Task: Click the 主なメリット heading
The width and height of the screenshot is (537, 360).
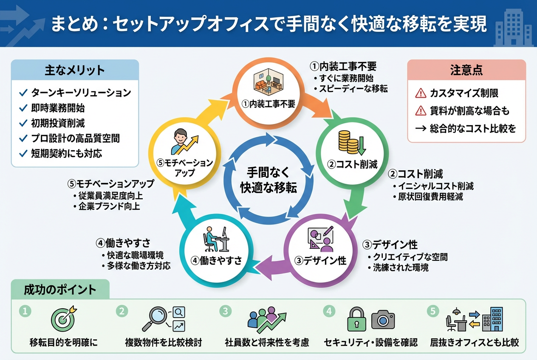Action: [x=74, y=70]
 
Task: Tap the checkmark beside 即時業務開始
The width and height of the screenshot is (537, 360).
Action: [x=24, y=108]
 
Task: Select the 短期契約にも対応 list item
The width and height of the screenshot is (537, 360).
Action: [x=67, y=153]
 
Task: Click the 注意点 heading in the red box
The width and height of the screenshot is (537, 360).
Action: [x=466, y=70]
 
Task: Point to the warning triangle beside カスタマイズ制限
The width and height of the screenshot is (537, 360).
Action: [x=420, y=93]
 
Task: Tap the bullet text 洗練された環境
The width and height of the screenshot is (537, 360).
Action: [x=401, y=268]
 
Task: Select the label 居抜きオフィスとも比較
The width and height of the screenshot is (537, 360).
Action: [x=474, y=343]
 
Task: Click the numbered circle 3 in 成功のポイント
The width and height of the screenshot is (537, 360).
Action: [x=225, y=311]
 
